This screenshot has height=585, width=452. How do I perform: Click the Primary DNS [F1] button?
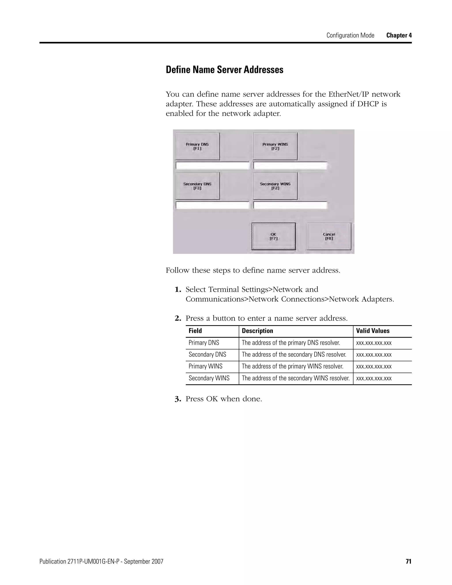(x=197, y=146)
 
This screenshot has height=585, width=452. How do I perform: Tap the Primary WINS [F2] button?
(x=275, y=146)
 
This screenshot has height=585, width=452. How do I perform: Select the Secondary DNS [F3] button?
(x=197, y=186)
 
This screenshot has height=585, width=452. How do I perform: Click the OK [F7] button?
(x=273, y=236)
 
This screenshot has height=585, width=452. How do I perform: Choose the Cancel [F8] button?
(x=329, y=236)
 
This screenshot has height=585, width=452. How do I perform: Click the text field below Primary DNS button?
(x=212, y=166)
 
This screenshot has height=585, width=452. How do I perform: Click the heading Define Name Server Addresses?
(x=224, y=70)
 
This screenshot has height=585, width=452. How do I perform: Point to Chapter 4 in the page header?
(x=399, y=35)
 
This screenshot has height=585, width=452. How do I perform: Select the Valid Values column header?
(x=373, y=331)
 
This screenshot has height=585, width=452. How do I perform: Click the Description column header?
(x=257, y=331)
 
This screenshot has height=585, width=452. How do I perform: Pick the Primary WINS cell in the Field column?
(x=205, y=366)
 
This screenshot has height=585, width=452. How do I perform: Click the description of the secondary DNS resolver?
(x=294, y=354)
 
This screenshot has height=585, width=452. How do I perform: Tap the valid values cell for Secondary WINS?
(x=374, y=378)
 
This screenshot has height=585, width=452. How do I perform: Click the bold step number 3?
(x=178, y=399)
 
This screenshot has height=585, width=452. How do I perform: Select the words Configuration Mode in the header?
(x=350, y=35)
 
